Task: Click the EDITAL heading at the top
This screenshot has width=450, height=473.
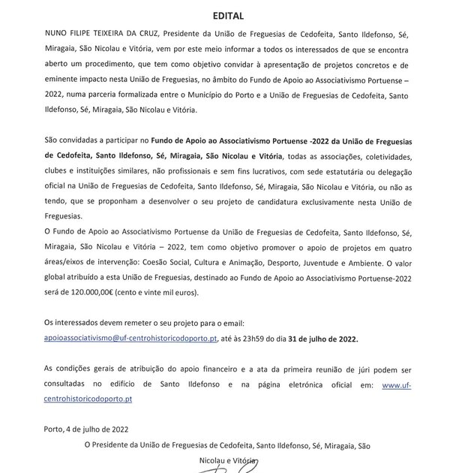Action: [224, 14]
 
